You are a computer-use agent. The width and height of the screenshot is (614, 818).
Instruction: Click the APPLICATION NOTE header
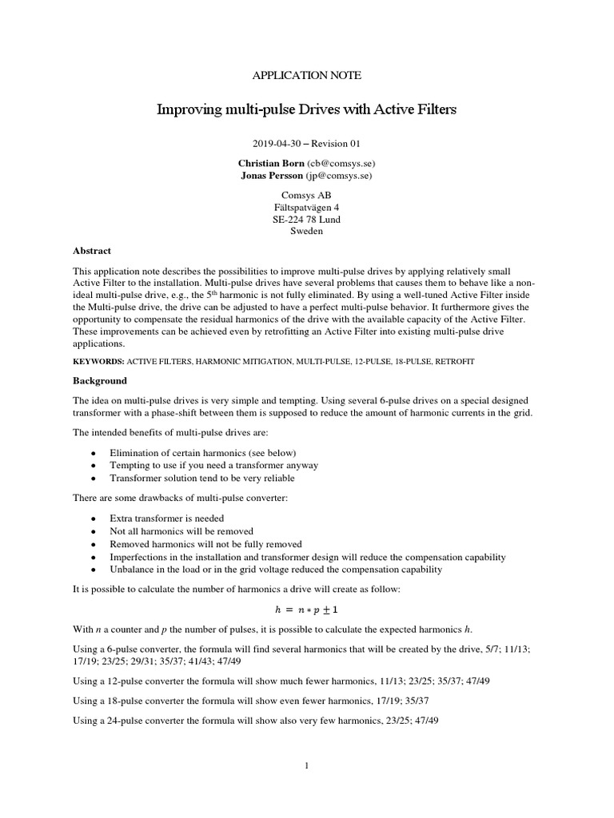[307, 76]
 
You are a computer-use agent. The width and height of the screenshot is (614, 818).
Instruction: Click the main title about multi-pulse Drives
[307, 109]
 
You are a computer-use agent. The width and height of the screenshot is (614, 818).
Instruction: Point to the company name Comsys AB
[307, 195]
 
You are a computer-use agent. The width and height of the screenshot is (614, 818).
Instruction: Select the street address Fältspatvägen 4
[307, 207]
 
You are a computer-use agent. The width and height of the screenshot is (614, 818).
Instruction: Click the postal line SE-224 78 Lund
[307, 220]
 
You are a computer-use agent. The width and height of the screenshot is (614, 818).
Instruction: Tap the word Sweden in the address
[307, 232]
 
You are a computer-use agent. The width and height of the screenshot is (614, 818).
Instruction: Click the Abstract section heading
[92, 251]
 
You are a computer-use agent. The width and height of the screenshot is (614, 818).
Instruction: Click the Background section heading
[100, 381]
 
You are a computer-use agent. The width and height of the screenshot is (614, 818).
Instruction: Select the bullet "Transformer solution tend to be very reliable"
[202, 478]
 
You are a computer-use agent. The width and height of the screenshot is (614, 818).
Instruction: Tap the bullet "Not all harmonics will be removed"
[181, 531]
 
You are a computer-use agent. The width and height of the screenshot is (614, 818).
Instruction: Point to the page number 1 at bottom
[307, 766]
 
